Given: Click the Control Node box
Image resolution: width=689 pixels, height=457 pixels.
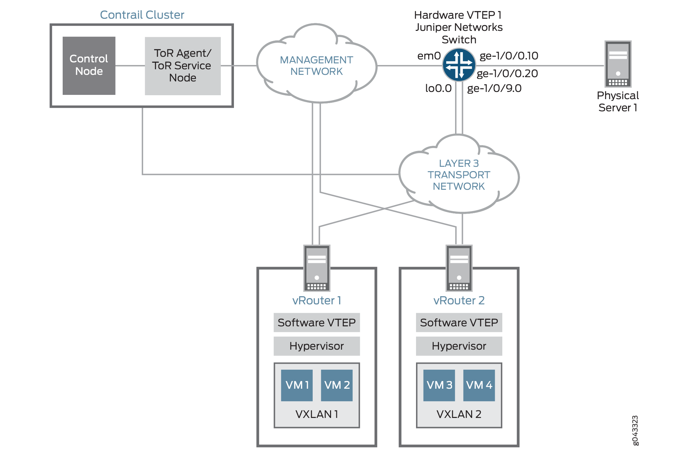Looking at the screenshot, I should [x=89, y=65].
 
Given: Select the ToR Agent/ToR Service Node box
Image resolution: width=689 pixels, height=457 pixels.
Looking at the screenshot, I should [x=183, y=66].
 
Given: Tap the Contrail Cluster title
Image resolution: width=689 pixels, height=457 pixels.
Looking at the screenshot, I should [x=142, y=15].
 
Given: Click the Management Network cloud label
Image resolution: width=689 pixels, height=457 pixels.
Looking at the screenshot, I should [x=316, y=66].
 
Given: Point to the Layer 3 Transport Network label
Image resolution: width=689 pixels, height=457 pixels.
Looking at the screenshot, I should [x=459, y=175].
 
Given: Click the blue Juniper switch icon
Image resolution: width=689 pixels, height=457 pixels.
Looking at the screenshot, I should [x=459, y=65].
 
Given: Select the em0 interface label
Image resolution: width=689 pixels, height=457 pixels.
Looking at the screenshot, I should [x=429, y=56].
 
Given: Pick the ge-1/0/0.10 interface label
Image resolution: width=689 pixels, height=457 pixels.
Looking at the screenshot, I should [x=509, y=56].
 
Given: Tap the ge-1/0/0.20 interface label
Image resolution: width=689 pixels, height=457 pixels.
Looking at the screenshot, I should [x=507, y=74].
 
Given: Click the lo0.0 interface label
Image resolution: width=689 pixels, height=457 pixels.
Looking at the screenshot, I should [x=438, y=88].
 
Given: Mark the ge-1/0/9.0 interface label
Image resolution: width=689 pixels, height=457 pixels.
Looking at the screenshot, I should [x=494, y=88].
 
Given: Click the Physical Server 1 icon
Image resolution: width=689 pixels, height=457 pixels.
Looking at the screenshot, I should [x=618, y=64].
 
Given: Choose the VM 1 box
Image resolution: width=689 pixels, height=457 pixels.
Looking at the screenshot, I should [x=297, y=385].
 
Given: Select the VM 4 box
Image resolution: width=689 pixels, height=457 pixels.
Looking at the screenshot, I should [x=479, y=385].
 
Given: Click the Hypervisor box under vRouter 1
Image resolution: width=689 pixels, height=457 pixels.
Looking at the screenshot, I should [x=317, y=346].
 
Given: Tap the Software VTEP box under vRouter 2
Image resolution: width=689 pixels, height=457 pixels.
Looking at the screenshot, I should [x=459, y=323].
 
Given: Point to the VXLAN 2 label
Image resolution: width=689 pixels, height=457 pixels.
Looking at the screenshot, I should [x=459, y=414].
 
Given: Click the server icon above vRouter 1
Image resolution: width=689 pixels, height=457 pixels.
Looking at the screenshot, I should [x=317, y=268].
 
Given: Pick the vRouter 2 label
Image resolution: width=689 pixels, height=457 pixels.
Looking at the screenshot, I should [x=459, y=300].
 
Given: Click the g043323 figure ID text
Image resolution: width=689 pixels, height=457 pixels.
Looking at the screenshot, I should [x=635, y=430].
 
